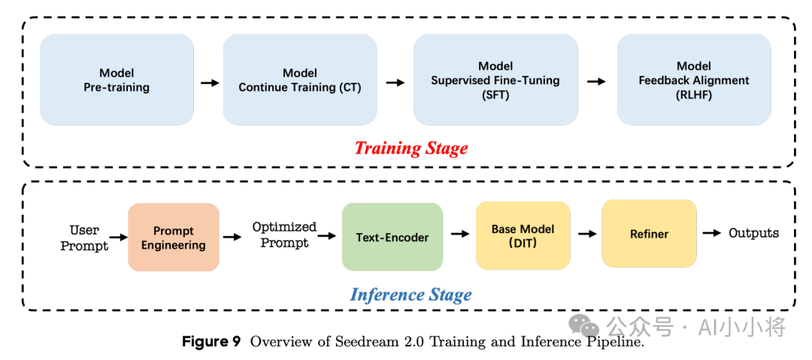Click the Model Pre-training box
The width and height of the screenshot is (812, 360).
117,80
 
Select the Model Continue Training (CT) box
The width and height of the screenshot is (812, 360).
300,80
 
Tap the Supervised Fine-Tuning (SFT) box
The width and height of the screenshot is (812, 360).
495,80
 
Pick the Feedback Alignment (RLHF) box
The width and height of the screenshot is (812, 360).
694,80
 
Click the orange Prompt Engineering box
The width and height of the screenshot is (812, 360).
174,237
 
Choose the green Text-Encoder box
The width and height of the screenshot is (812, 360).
392,237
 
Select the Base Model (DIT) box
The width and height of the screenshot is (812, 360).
523,236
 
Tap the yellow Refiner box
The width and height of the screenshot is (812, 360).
649,234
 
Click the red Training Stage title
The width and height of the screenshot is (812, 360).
411,148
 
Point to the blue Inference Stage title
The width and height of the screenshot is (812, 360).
411,295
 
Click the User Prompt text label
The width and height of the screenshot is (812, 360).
84,237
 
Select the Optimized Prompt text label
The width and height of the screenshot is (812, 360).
284,234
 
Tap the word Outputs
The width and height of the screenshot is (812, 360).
753,233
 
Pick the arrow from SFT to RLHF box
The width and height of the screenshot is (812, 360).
596,81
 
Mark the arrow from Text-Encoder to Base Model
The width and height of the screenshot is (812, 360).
459,235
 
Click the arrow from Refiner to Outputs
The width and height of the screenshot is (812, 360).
711,233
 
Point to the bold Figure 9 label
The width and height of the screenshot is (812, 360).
211,342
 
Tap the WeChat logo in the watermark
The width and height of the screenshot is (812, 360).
583,325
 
